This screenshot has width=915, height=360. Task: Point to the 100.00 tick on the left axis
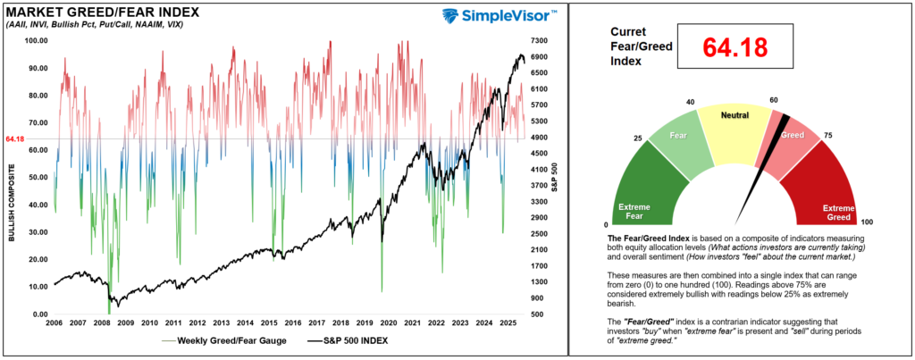37,41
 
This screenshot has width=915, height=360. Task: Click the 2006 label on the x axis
54,322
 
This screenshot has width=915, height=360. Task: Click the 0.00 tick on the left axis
38,314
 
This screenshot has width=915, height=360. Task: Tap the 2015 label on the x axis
269,322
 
